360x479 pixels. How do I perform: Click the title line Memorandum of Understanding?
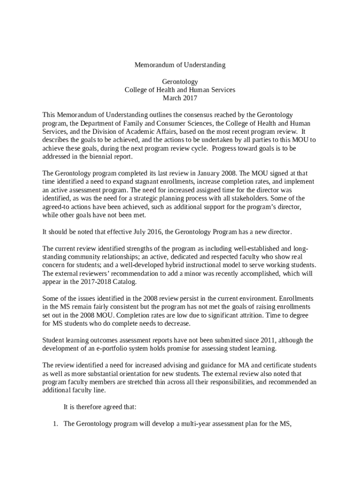coord(180,65)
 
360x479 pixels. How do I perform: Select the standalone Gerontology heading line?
coord(180,81)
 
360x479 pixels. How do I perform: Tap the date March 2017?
coord(180,98)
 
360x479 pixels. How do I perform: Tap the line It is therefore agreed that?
coord(100,407)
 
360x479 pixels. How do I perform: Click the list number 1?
coord(54,424)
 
